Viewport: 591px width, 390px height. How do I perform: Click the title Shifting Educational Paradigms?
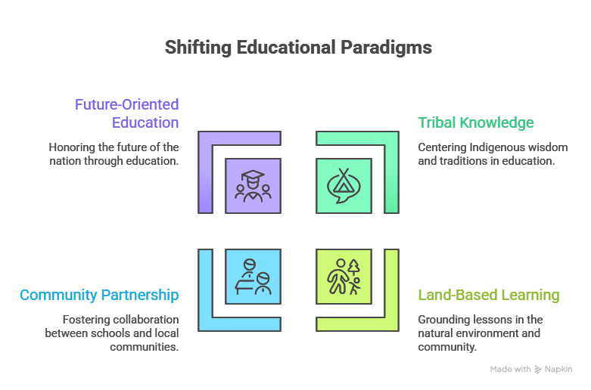click(298, 48)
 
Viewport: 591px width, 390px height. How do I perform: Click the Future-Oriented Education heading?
click(126, 113)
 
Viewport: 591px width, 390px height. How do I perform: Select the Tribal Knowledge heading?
click(476, 122)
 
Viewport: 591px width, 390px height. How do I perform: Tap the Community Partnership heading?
click(99, 295)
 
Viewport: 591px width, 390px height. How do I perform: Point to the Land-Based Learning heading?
click(489, 295)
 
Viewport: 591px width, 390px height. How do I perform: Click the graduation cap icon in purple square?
click(253, 186)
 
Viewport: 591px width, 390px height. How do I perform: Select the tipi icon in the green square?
click(344, 186)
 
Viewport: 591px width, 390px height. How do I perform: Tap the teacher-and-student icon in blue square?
click(253, 277)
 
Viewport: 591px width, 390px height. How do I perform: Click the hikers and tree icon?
click(344, 277)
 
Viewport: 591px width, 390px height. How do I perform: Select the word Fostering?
click(79, 320)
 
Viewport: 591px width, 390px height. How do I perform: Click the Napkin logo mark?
click(538, 370)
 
